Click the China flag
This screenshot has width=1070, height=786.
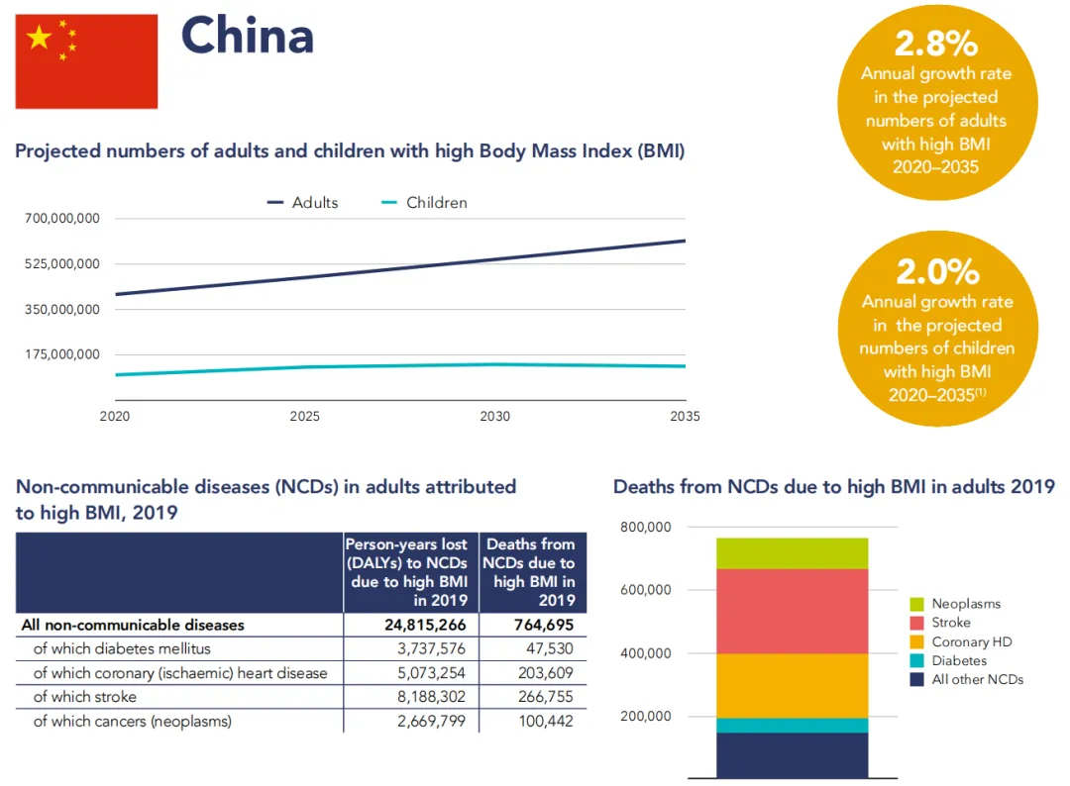(86, 61)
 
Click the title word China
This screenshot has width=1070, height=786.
(248, 37)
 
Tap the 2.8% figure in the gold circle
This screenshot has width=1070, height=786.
(936, 44)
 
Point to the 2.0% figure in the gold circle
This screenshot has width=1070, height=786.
(937, 270)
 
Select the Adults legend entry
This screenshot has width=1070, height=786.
(303, 202)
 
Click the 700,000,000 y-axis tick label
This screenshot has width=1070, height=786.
(62, 218)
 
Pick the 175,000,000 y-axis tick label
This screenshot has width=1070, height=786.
(62, 354)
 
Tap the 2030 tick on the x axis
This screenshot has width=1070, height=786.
(495, 417)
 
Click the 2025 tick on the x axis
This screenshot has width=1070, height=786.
(305, 417)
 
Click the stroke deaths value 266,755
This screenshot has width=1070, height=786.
(546, 697)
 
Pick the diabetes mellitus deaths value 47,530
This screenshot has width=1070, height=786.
(551, 648)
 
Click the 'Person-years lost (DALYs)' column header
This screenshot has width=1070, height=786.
(411, 572)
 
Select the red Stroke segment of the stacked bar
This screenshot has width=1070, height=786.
(792, 611)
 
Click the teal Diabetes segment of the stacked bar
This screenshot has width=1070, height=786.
(792, 725)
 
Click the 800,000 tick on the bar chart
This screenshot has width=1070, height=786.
(646, 527)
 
